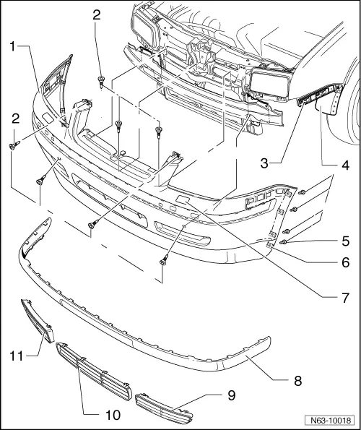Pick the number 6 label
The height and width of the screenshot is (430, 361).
[x=345, y=265]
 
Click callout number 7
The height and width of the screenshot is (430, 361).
[x=345, y=297]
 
